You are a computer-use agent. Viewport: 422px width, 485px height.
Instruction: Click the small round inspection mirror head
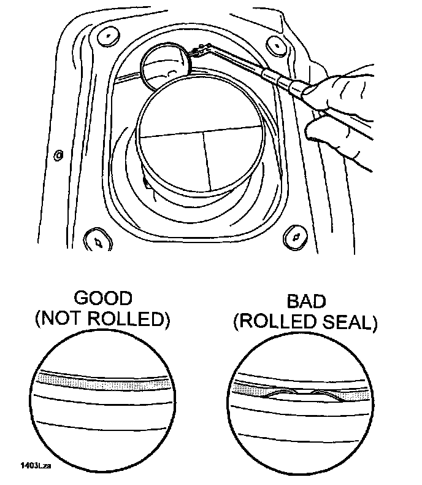165,66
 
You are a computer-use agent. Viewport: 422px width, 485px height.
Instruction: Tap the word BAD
304,301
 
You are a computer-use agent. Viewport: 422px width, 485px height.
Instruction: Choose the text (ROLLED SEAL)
304,322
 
